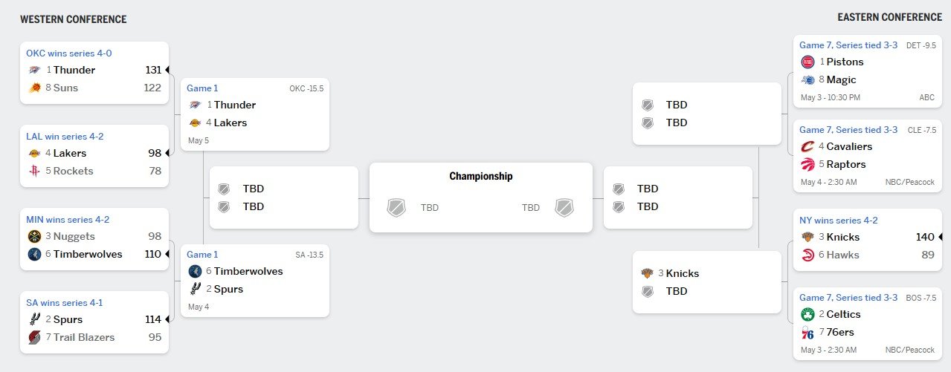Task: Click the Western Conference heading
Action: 74,19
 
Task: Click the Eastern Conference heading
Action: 889,17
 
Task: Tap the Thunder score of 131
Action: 153,70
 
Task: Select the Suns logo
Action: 35,88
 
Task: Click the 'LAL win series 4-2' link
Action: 65,137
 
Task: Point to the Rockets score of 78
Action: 155,171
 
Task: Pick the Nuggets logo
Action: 34,236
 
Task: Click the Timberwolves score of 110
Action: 153,254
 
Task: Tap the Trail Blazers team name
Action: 84,337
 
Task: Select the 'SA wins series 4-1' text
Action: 65,303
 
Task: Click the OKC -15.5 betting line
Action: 306,88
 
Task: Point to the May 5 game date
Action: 199,140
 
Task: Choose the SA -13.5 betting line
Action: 309,255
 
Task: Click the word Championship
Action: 481,176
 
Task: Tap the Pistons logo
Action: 807,62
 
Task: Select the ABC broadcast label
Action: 926,97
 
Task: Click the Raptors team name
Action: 846,164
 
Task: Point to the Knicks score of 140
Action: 925,237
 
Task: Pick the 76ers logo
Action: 807,333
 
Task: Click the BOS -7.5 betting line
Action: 921,298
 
